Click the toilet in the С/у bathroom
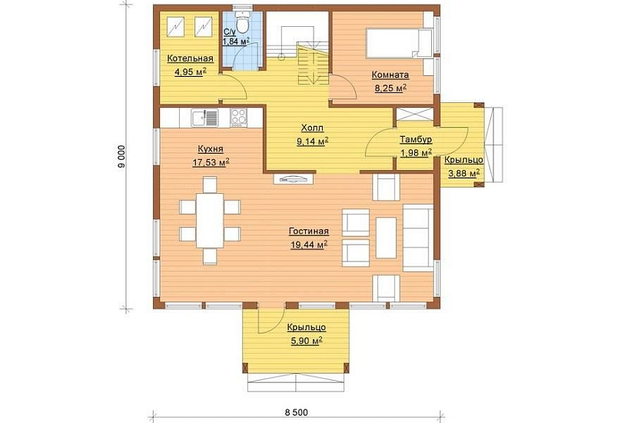pos(242,24)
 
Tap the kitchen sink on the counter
pos(204,118)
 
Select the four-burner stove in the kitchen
pos(238,118)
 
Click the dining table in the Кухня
pos(210,220)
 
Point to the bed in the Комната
pos(399,43)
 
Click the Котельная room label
pos(190,58)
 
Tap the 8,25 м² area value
pos(390,88)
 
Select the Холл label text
pos(312,128)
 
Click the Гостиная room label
pos(308,231)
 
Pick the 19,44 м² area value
pos(308,245)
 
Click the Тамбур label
pos(416,140)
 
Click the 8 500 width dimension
pos(297,412)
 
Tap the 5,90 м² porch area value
pos(307,341)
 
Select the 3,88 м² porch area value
pos(463,173)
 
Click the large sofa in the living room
pos(418,238)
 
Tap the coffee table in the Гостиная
pos(386,238)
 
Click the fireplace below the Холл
pos(294,178)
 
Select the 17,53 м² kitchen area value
pos(211,162)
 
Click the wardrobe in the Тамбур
pos(414,115)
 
